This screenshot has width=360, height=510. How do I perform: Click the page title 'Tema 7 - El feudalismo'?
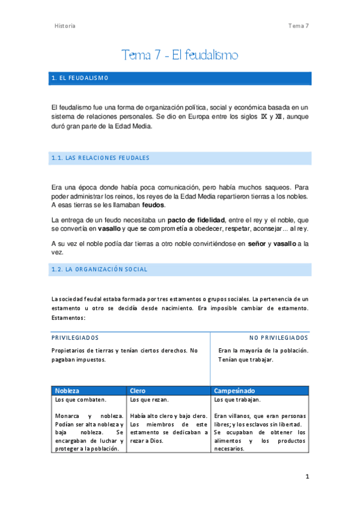point(180,55)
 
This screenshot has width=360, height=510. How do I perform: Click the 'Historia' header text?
point(65,26)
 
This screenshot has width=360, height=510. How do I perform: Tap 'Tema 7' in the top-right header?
point(298,26)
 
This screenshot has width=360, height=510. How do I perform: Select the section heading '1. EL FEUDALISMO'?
point(80,79)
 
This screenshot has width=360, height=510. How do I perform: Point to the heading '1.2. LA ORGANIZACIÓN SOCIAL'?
point(100,269)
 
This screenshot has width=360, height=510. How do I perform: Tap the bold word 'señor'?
point(257,244)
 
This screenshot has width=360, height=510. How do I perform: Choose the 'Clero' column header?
point(138,390)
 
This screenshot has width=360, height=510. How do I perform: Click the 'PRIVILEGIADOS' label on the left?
point(75,338)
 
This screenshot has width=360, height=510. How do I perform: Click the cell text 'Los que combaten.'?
point(81,399)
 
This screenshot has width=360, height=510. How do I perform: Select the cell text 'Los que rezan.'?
point(149,399)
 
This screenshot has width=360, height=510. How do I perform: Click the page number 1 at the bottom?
point(307,477)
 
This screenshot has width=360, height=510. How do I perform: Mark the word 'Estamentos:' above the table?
point(69,318)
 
